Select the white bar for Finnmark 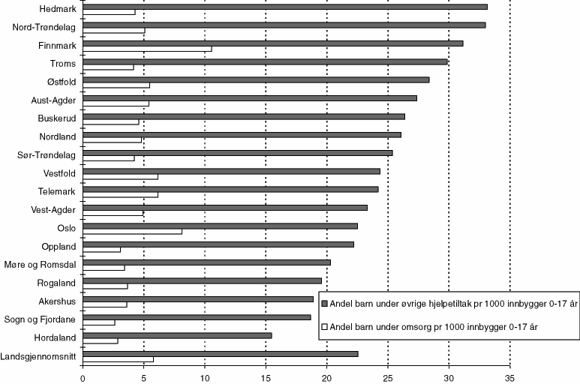point(147,49)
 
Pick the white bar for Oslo point(132,232)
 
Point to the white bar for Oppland point(101,250)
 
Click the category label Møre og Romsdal point(43,265)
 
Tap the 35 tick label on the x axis point(509,377)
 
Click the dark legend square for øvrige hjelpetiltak point(324,304)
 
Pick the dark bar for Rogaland point(202,280)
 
